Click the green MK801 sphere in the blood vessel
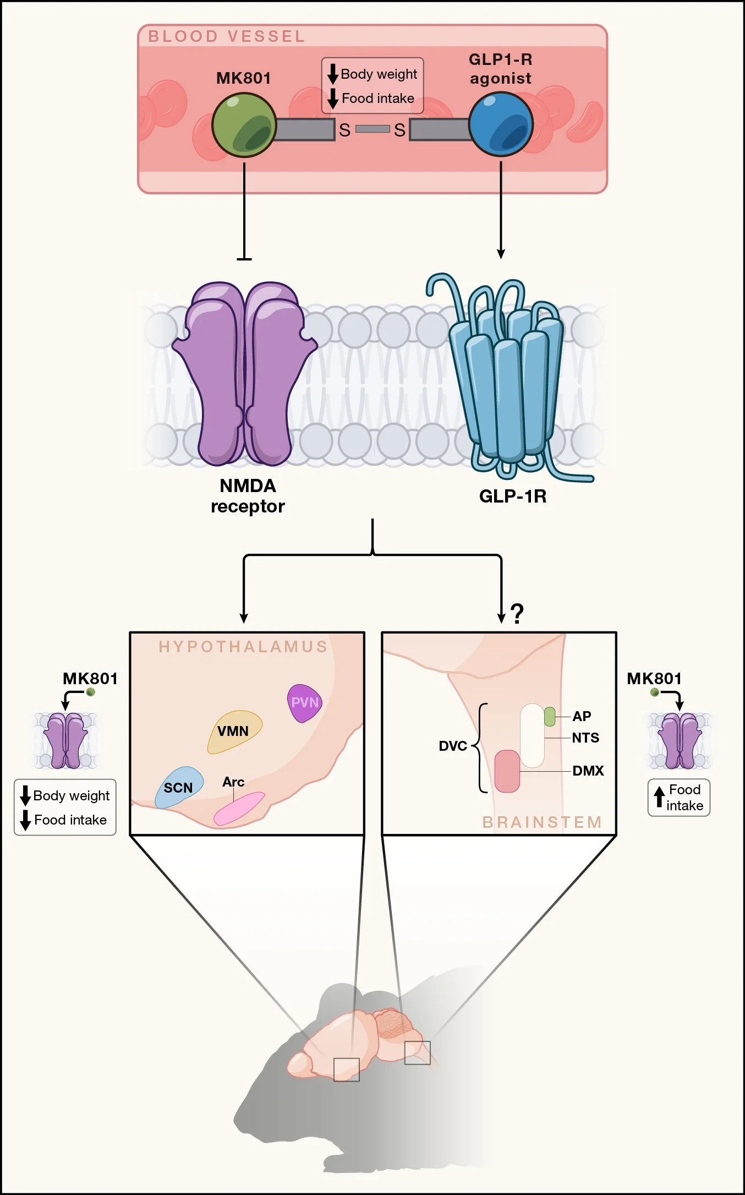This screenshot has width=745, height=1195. tap(244, 125)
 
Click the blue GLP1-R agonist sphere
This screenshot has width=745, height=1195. tap(501, 124)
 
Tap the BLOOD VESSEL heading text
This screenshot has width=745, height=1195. tap(227, 36)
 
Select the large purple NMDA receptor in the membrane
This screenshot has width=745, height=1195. tap(245, 374)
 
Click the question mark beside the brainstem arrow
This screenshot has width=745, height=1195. tap(517, 613)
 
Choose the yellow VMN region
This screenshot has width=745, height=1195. tap(234, 731)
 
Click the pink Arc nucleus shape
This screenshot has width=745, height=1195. tap(239, 809)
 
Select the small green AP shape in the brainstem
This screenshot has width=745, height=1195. tap(549, 716)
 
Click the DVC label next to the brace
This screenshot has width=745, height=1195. tap(452, 746)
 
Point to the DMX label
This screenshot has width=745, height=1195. tap(588, 771)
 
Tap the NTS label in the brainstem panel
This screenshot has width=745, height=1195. tap(585, 738)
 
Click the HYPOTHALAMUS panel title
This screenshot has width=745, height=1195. tap(243, 646)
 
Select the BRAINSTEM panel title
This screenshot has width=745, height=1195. tap(542, 822)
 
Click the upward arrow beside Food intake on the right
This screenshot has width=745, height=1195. tap(659, 796)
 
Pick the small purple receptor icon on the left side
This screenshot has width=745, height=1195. tap(65, 740)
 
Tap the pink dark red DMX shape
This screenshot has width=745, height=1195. tap(507, 771)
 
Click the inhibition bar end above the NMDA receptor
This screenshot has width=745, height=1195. tap(244, 259)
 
